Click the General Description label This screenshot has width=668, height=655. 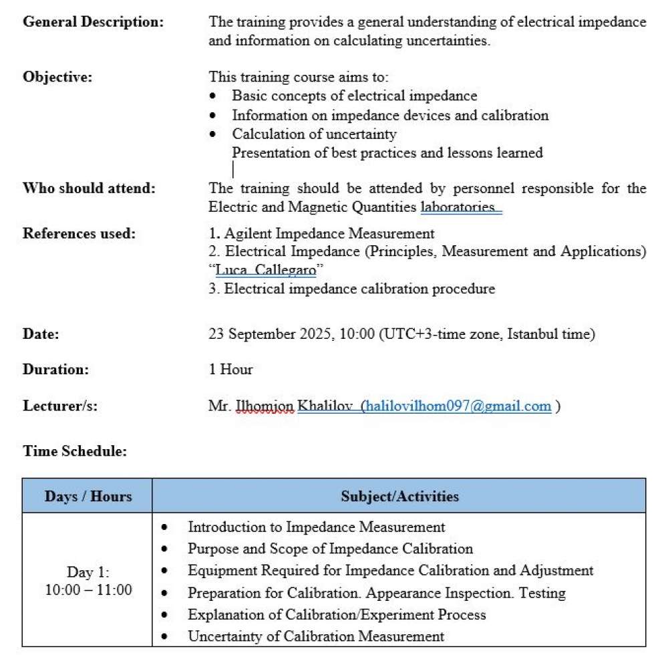pos(93,21)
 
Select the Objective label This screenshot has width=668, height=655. pos(57,76)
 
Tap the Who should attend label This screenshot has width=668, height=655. pos(89,188)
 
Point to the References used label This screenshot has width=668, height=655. pos(79,233)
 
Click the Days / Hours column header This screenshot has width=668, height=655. pos(88,496)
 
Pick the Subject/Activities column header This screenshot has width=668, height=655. pos(399,496)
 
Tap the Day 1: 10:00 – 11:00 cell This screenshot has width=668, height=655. pos(88,581)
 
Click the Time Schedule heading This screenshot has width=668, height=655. pos(75,451)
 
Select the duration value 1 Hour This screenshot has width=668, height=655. pos(231,369)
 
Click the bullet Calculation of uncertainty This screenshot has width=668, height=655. pos(314,134)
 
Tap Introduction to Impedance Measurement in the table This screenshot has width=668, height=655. pos(316,527)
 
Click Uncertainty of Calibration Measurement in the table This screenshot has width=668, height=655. pos(316,636)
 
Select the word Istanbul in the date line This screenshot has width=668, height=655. pos(534,334)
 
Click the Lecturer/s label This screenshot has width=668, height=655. pos(60,406)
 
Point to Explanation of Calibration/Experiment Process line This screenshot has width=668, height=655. pos(337,614)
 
